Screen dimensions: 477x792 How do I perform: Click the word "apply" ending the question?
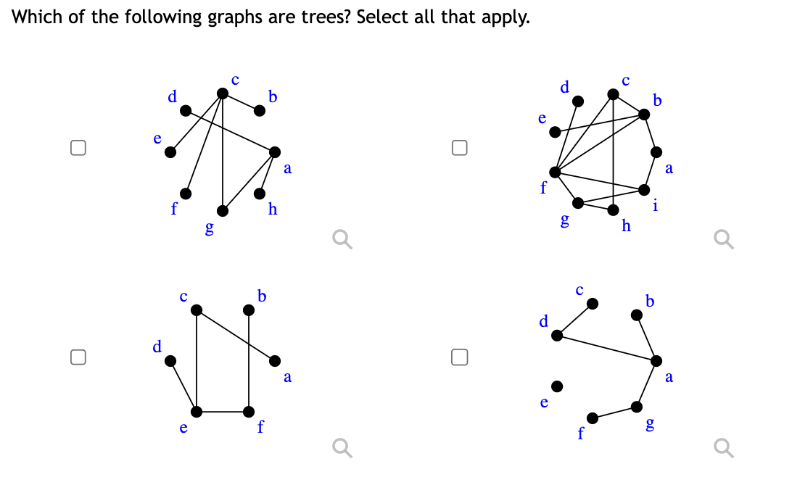coord(504,17)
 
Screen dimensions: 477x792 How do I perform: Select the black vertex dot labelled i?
coord(644,189)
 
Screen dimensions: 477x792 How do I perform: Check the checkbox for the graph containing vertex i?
coord(458,148)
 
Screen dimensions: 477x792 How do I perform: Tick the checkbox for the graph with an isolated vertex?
coord(458,356)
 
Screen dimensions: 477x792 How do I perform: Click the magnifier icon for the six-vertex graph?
coord(341,449)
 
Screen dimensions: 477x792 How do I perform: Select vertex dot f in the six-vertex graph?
coord(249,412)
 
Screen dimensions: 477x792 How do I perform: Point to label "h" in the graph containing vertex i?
coord(627,226)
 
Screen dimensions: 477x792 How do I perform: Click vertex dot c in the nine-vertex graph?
coord(613,94)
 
